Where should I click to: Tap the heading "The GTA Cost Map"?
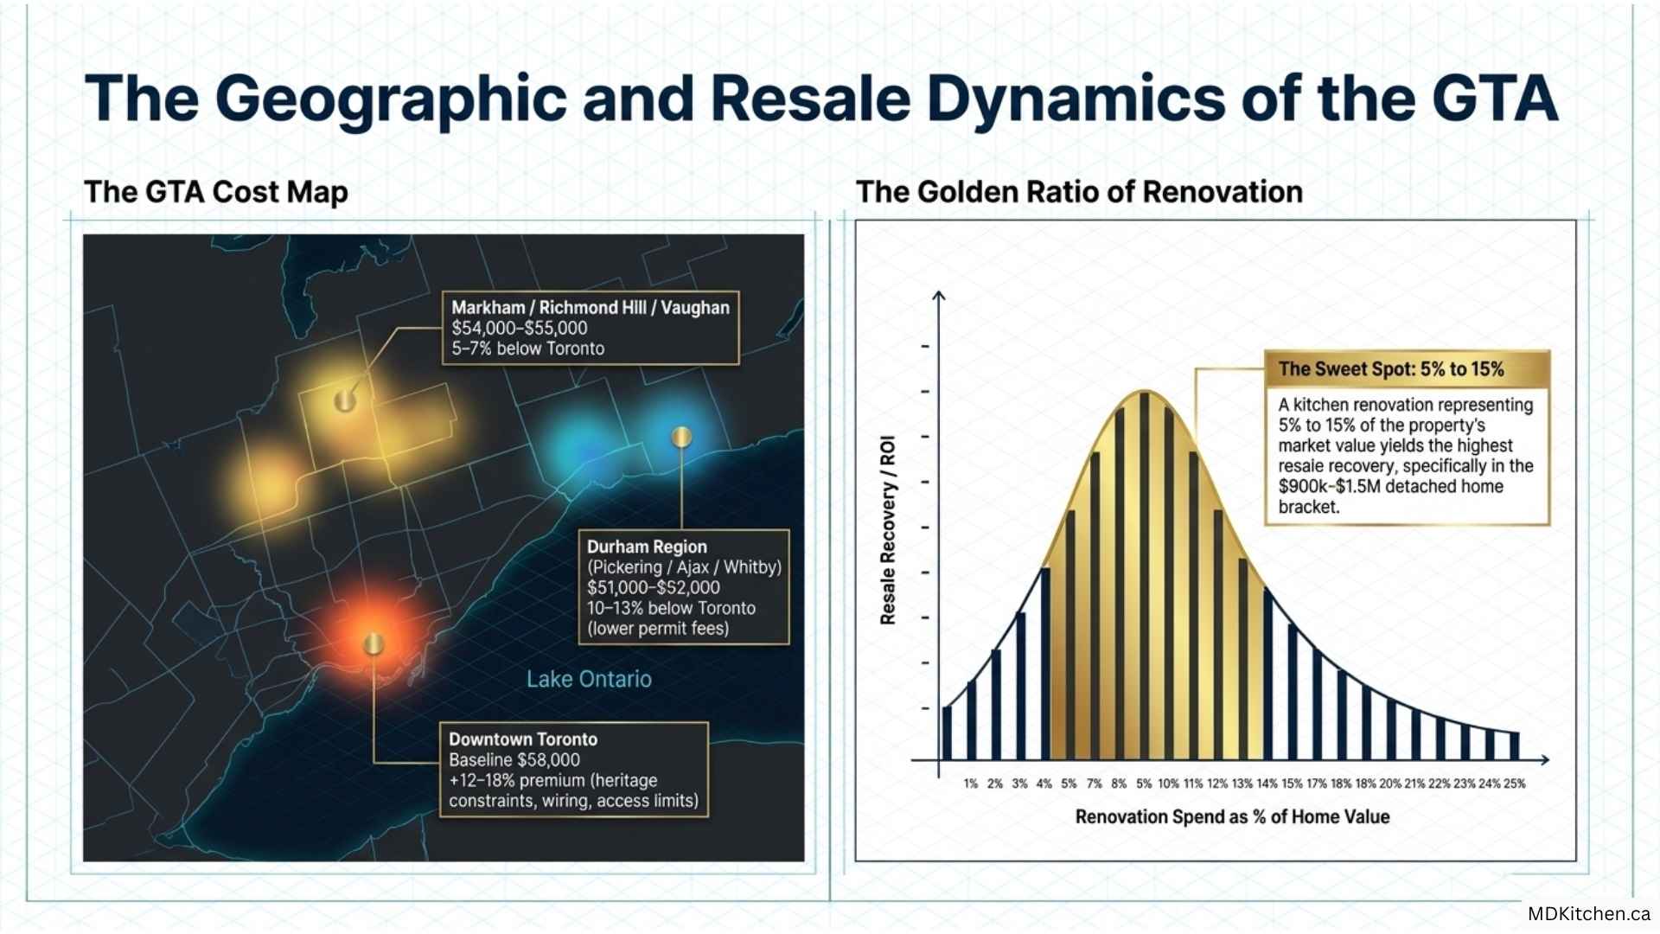(x=216, y=192)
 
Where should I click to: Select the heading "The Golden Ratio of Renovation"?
(x=1079, y=191)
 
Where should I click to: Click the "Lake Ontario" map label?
(x=589, y=679)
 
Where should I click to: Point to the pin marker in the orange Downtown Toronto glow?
(x=373, y=643)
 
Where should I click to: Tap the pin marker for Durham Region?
(x=681, y=437)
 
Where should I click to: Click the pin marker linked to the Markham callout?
(x=345, y=400)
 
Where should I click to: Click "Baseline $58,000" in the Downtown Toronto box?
(x=514, y=759)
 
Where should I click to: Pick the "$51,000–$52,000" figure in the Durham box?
(x=653, y=587)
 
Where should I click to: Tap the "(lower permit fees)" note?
(x=658, y=629)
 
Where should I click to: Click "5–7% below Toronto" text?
(x=527, y=349)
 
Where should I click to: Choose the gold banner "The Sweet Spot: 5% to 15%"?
(x=1407, y=369)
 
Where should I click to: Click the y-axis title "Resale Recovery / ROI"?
(x=888, y=530)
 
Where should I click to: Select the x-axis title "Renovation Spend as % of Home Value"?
(x=1232, y=816)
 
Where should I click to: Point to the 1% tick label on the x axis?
(x=971, y=784)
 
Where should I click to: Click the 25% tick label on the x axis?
(x=1515, y=784)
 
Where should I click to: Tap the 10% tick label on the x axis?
(x=1168, y=784)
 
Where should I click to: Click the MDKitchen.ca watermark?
(x=1589, y=913)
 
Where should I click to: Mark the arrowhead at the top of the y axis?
(x=939, y=296)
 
